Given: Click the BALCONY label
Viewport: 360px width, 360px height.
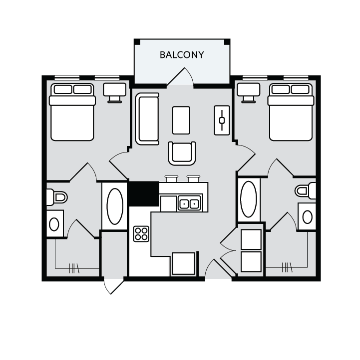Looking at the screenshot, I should tap(182, 55).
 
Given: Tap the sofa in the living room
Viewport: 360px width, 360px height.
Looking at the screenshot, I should tap(147, 118).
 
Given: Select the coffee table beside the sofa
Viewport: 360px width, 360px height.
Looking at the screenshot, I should tap(181, 120).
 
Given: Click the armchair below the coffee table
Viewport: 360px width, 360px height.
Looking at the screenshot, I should tap(182, 153).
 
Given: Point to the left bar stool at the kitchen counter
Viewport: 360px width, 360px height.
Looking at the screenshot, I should tap(171, 178).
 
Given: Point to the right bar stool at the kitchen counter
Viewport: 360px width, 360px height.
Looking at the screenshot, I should tap(193, 178).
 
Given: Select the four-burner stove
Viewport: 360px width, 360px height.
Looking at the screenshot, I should tap(141, 233).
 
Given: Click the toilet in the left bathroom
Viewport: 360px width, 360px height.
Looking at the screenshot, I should tap(56, 197).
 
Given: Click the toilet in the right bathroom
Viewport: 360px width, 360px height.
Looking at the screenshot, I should tap(305, 190).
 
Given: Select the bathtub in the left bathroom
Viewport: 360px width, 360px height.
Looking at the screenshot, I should tap(114, 206).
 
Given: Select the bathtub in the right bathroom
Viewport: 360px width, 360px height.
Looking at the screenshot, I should tap(248, 199).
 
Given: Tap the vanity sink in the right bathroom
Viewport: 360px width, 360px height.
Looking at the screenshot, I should tap(307, 216).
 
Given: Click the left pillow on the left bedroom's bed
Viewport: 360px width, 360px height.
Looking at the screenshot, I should tap(63, 89).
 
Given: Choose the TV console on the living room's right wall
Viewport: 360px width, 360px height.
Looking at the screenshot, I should tap(222, 120).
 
